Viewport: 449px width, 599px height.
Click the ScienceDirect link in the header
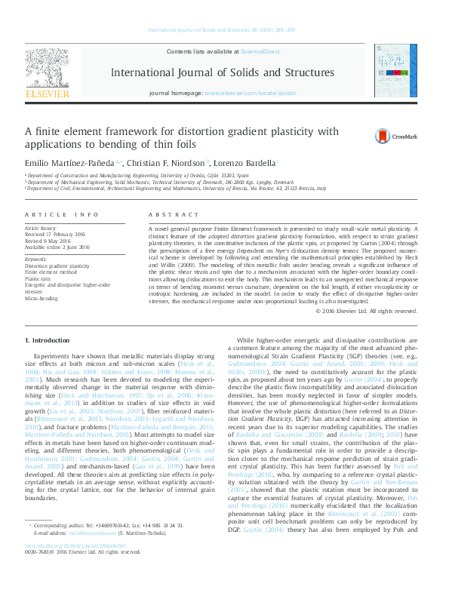(260, 51)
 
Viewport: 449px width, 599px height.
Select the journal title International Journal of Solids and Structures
(223, 73)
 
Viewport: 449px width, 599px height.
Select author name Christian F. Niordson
(165, 162)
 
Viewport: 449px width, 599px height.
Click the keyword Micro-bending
(42, 298)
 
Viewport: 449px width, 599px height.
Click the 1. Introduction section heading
(48, 342)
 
